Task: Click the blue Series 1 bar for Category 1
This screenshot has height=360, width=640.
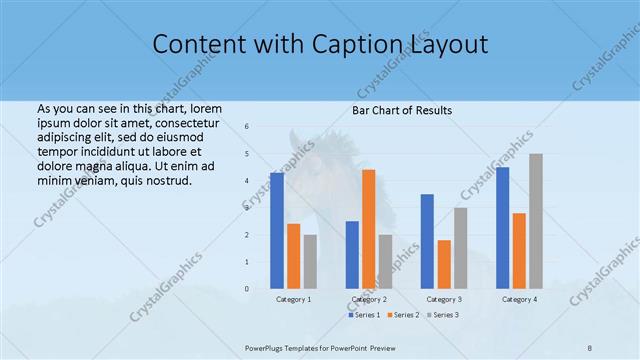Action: pyautogui.click(x=277, y=231)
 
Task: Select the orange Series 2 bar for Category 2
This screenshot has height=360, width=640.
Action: pyautogui.click(x=369, y=229)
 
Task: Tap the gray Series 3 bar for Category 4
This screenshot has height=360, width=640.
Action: pyautogui.click(x=536, y=221)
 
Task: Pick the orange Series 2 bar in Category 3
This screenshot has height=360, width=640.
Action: pyautogui.click(x=444, y=264)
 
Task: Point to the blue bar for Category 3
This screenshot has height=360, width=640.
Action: pyautogui.click(x=427, y=241)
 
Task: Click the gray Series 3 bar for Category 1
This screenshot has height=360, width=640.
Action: pyautogui.click(x=310, y=262)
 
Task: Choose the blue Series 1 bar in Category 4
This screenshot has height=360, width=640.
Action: pyautogui.click(x=503, y=228)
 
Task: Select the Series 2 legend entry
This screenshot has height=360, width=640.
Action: pyautogui.click(x=401, y=315)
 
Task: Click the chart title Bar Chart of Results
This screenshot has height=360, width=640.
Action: pyautogui.click(x=402, y=110)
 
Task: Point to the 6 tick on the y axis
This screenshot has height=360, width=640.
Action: pyautogui.click(x=247, y=127)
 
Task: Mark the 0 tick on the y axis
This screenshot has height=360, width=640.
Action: pyautogui.click(x=247, y=289)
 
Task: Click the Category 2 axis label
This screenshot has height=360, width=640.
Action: pyautogui.click(x=369, y=299)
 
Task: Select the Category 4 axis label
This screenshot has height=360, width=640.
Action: pyautogui.click(x=519, y=299)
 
